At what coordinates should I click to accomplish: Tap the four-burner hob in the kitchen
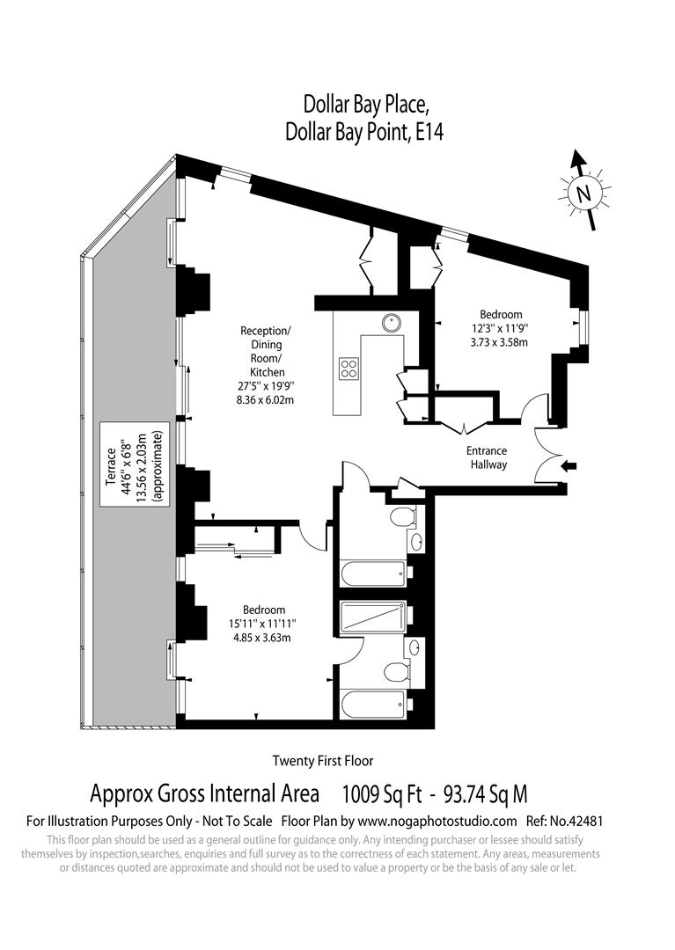click(x=349, y=368)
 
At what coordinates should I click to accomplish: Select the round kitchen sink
click(x=392, y=323)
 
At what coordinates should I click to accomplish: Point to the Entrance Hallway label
click(x=487, y=457)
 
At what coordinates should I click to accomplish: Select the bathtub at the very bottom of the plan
click(x=374, y=703)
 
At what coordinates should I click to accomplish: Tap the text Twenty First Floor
click(x=323, y=761)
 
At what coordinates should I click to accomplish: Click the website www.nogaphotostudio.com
click(x=437, y=821)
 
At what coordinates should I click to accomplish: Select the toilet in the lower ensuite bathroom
click(x=398, y=673)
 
